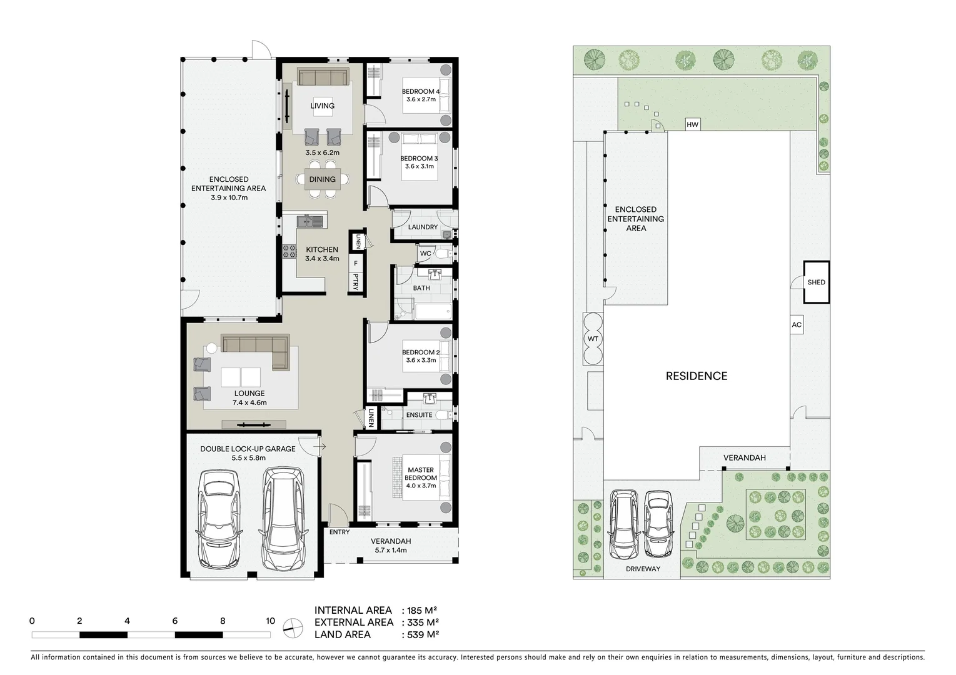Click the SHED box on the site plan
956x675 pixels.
tap(816, 282)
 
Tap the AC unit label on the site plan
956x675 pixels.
tap(796, 325)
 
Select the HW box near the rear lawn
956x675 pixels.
tap(692, 125)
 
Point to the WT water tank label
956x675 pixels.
tap(593, 339)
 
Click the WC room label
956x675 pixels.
tap(425, 254)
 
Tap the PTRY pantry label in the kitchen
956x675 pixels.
tap(356, 282)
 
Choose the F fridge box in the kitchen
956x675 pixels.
tap(356, 264)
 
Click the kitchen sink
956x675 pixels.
tap(310, 221)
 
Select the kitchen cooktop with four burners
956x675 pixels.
tap(289, 251)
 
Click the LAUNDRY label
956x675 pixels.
tap(423, 227)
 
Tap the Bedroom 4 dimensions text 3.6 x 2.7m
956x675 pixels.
tap(421, 99)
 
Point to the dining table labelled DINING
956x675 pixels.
tap(323, 179)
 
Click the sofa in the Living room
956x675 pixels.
tap(323, 77)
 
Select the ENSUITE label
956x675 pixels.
tap(419, 415)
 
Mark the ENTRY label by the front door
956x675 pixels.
tap(340, 532)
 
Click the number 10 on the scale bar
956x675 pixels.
tap(270, 621)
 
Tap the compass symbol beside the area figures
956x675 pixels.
tap(291, 627)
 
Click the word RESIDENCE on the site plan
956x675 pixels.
tap(696, 376)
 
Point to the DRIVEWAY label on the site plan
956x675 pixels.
tap(643, 569)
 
